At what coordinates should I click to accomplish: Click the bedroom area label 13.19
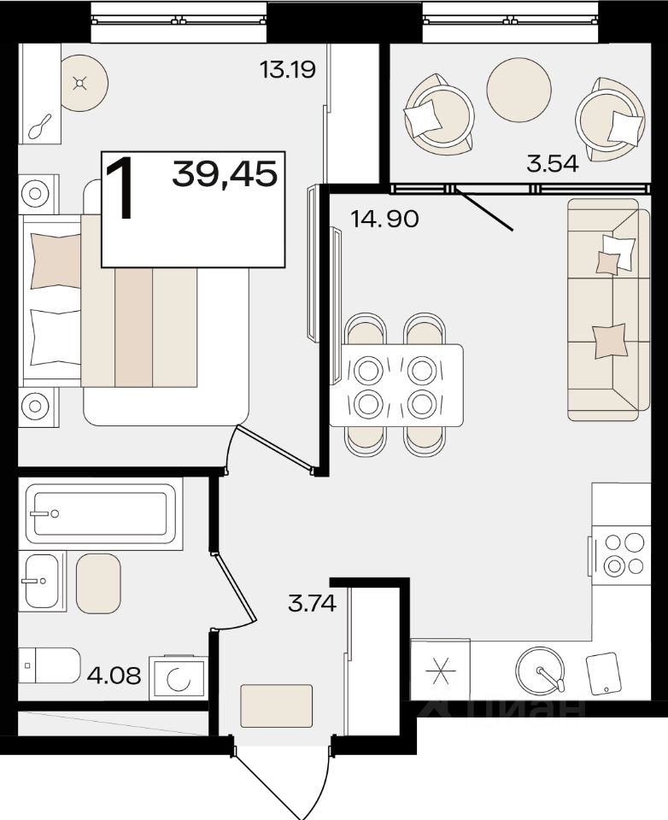(x=288, y=69)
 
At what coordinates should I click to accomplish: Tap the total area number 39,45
(x=225, y=173)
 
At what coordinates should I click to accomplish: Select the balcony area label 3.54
(x=553, y=164)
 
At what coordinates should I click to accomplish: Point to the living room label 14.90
(x=384, y=218)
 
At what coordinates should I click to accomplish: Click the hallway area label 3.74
(x=312, y=604)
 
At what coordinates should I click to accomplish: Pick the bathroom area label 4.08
(x=114, y=675)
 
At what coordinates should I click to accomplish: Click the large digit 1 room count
(x=120, y=190)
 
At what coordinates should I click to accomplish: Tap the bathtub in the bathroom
(x=101, y=513)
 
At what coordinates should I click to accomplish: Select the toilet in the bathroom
(x=50, y=665)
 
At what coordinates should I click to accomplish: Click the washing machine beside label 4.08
(x=178, y=678)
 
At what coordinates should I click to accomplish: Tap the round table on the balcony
(x=519, y=89)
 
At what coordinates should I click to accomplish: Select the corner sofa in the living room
(x=609, y=309)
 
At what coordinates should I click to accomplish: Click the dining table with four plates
(x=396, y=385)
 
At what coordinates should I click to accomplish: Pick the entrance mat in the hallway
(x=276, y=706)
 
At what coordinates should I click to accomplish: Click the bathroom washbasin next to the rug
(x=42, y=581)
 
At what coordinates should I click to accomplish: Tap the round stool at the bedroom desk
(x=85, y=83)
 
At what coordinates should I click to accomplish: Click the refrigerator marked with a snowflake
(x=440, y=670)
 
